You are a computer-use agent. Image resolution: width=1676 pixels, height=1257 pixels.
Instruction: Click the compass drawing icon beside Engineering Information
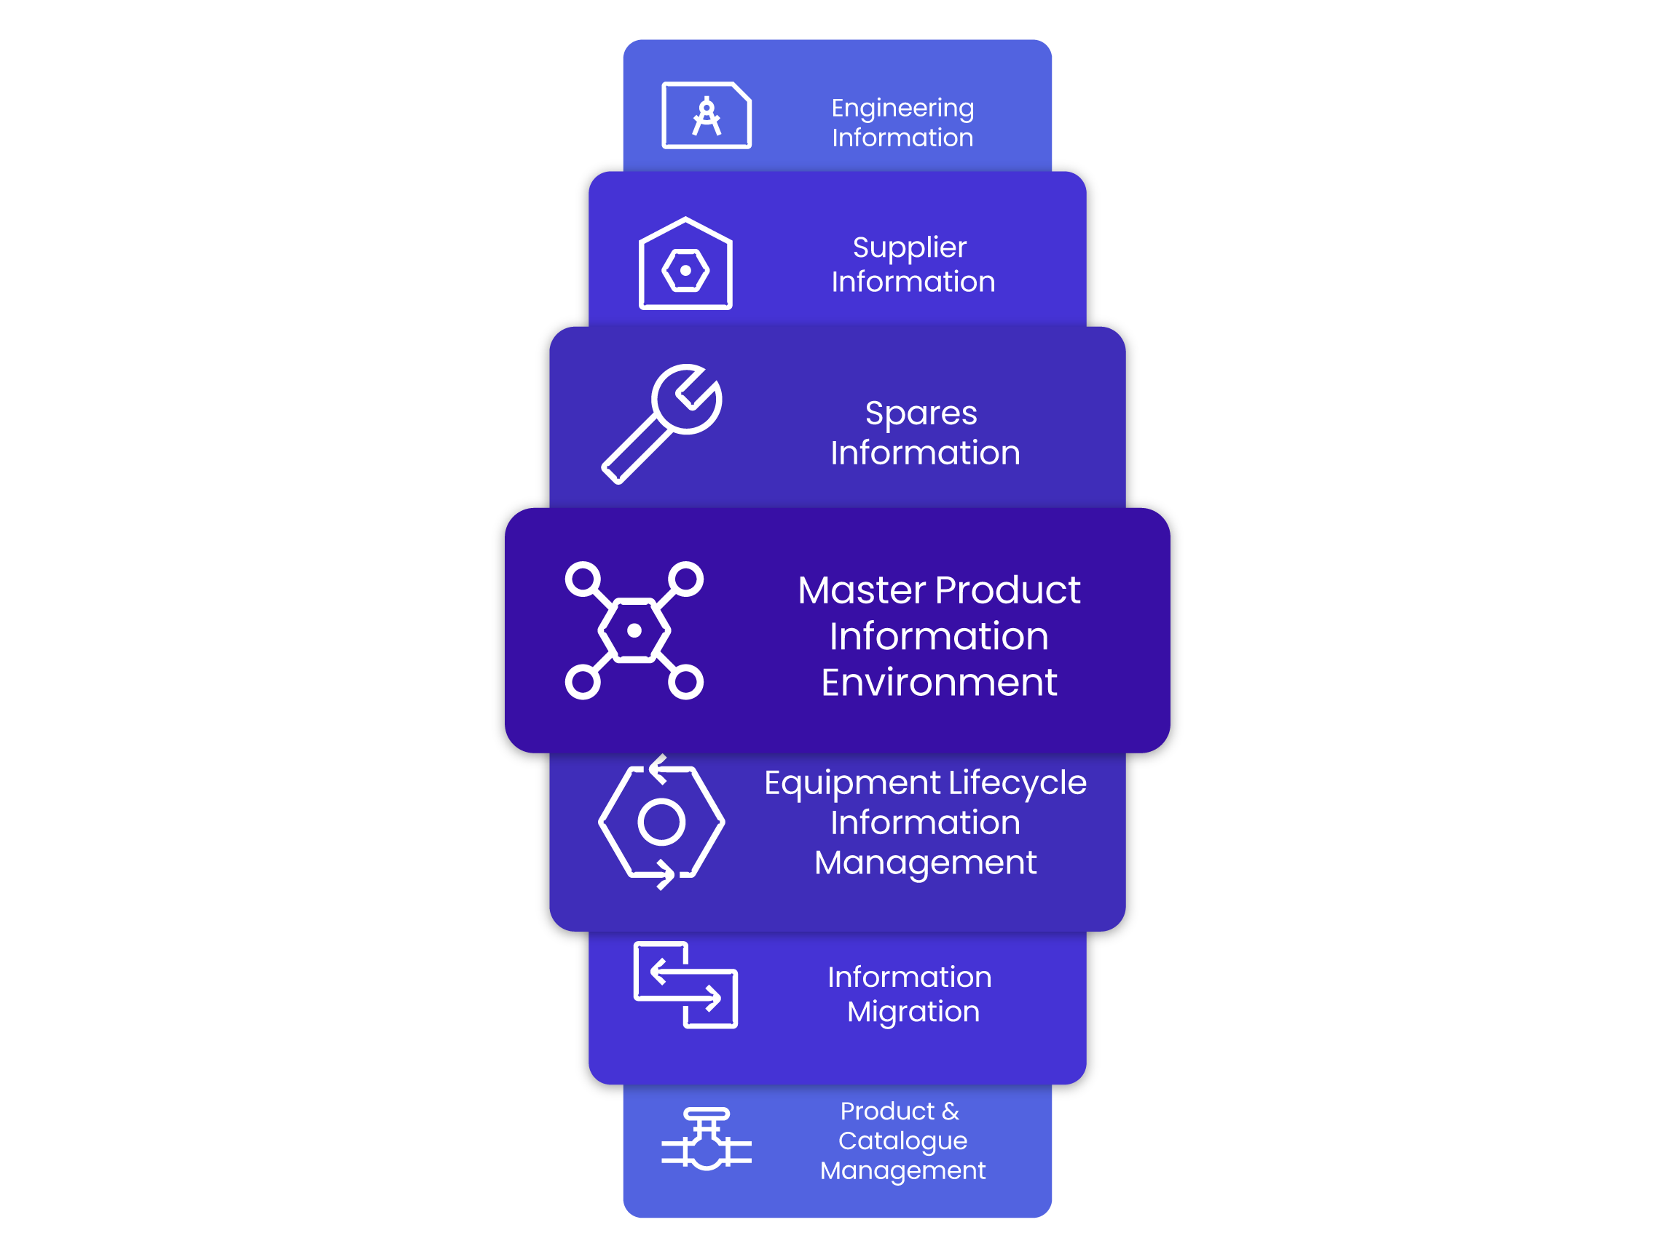click(x=706, y=115)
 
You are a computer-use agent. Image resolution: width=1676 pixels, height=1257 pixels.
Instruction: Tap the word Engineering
click(x=902, y=108)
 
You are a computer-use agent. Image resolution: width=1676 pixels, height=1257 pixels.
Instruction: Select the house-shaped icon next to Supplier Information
click(x=685, y=264)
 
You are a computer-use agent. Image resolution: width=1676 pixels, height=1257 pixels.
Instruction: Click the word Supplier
click(x=909, y=247)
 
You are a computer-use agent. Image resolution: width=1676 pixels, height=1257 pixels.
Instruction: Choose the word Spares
click(x=921, y=413)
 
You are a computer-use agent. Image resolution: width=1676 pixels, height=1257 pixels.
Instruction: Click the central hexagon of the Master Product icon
click(x=634, y=630)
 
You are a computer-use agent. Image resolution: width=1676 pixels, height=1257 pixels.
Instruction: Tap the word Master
click(x=862, y=590)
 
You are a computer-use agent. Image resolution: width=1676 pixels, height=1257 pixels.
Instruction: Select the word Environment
click(x=939, y=682)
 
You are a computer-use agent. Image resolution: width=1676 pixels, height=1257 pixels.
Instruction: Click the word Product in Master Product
click(x=1008, y=590)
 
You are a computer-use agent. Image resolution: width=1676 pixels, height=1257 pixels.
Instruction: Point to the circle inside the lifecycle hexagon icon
click(x=661, y=822)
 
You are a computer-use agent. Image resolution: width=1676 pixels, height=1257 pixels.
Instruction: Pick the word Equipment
click(x=851, y=783)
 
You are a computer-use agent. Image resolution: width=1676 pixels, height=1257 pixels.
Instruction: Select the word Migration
click(x=913, y=1012)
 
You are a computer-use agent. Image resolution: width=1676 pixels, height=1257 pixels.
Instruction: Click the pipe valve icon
click(x=706, y=1140)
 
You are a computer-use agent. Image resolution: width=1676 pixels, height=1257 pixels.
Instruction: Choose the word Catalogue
click(x=902, y=1141)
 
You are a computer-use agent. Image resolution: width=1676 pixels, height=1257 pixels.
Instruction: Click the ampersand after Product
click(x=951, y=1111)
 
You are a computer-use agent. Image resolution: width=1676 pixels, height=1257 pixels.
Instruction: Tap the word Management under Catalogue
click(x=902, y=1170)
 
